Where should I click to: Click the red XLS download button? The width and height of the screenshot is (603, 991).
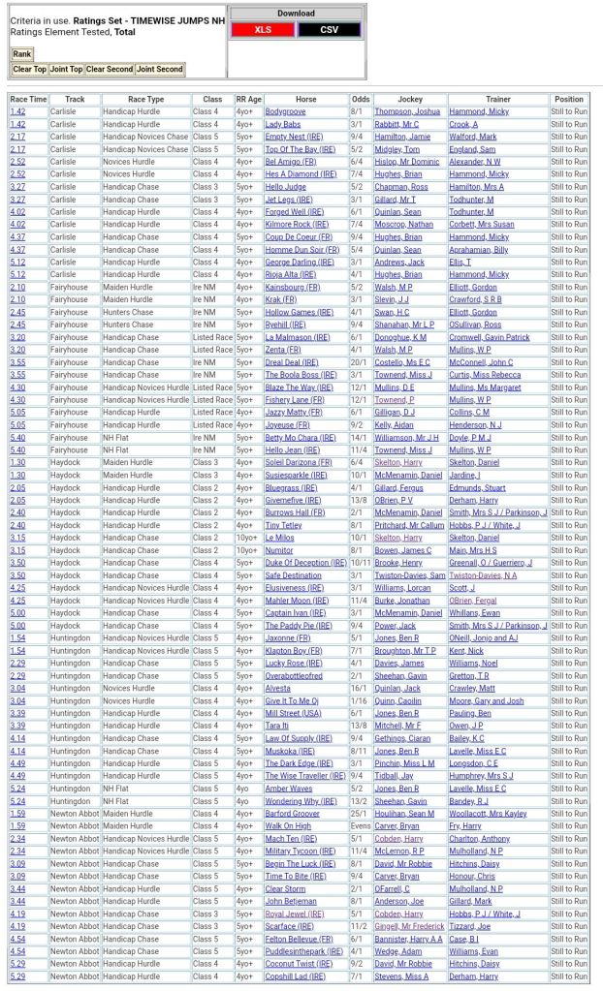pyautogui.click(x=263, y=30)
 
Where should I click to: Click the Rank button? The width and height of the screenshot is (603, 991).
pyautogui.click(x=22, y=54)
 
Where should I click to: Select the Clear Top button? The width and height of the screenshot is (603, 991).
pyautogui.click(x=29, y=70)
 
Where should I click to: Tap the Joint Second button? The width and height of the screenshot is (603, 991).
pyautogui.click(x=159, y=70)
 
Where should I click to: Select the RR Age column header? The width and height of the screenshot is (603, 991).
pyautogui.click(x=248, y=100)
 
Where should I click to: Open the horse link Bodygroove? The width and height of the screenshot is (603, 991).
pyautogui.click(x=285, y=112)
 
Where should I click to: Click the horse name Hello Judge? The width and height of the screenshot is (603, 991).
pyautogui.click(x=285, y=187)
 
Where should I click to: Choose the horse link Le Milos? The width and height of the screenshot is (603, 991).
pyautogui.click(x=279, y=538)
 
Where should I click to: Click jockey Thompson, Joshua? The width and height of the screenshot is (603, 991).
pyautogui.click(x=407, y=112)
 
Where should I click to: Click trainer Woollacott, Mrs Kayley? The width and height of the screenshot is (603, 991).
pyautogui.click(x=488, y=814)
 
